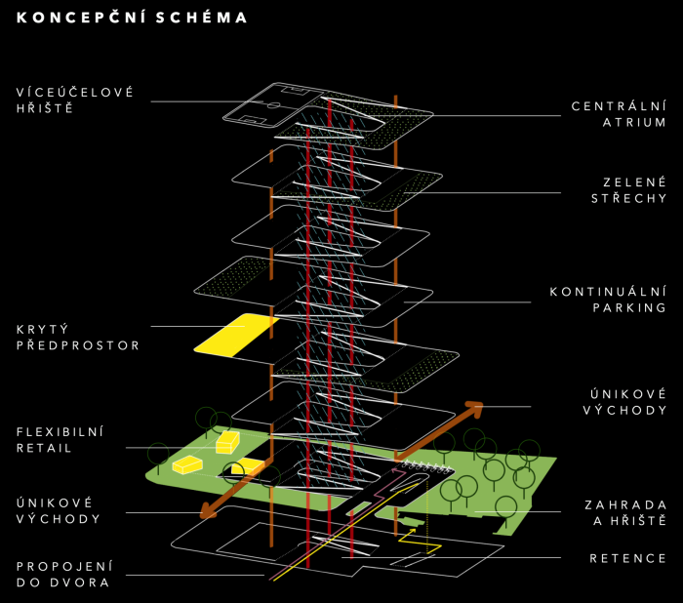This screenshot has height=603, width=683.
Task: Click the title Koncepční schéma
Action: [x=132, y=18]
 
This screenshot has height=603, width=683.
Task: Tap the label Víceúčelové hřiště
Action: [x=74, y=100]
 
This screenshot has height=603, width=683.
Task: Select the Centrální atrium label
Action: [x=619, y=114]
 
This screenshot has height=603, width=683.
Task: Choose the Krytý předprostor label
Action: [x=78, y=338]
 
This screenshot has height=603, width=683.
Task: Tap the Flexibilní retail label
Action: [x=60, y=440]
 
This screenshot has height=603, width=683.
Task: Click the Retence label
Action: [x=627, y=559]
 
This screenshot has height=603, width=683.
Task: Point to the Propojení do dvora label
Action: [x=64, y=574]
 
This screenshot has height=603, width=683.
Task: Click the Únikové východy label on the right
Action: [x=624, y=402]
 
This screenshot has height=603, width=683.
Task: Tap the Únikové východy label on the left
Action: [x=59, y=509]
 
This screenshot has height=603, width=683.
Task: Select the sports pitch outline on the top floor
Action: [x=273, y=106]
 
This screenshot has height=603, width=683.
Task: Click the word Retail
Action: [x=44, y=449]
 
